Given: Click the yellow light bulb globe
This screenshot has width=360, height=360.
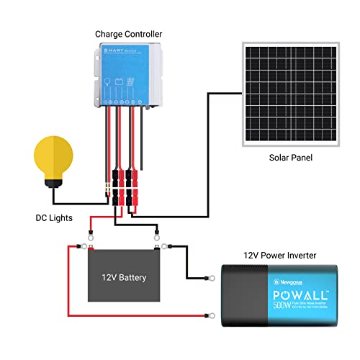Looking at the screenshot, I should (55, 155).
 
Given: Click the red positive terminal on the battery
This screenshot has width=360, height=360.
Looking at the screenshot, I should (92, 249).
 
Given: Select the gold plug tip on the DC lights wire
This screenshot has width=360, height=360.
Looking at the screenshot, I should (105, 194).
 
